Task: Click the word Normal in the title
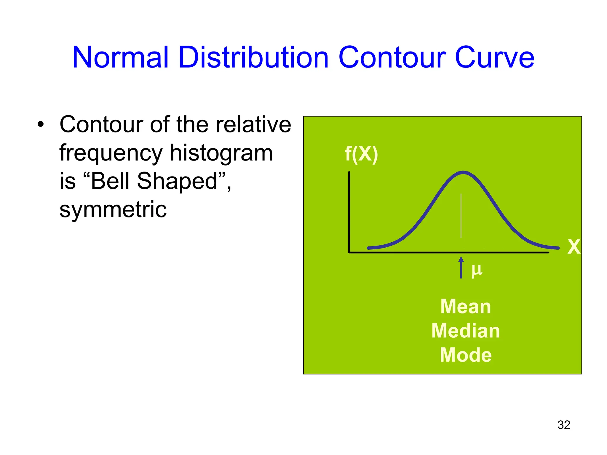click(x=120, y=57)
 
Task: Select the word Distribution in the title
click(x=253, y=57)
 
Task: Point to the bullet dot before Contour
click(x=41, y=124)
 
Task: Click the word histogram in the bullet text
click(x=221, y=153)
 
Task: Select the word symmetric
click(x=113, y=210)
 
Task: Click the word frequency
click(x=111, y=153)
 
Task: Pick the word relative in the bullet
click(x=253, y=124)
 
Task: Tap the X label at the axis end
click(x=574, y=247)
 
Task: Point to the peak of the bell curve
click(x=463, y=172)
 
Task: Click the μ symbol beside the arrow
click(x=477, y=270)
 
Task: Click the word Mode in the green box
click(x=465, y=355)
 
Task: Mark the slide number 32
click(x=564, y=425)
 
